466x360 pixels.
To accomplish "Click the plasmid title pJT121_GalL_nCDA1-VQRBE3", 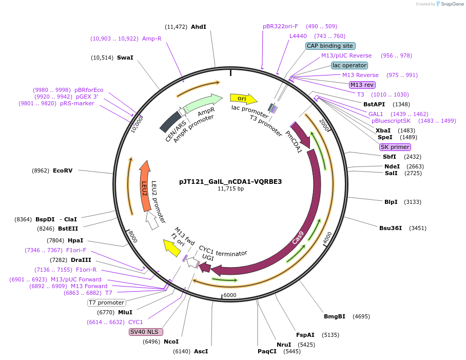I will coord(230,181).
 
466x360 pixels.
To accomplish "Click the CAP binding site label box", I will coord(329,46).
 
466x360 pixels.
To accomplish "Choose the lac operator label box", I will coord(349,65).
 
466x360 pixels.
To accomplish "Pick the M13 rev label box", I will coord(362,85).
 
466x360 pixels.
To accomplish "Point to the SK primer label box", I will coord(395,147).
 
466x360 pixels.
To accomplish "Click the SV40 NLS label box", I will coord(146,332).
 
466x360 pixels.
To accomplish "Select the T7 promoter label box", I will coord(106,302).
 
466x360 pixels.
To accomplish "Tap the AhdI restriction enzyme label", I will coord(198,27).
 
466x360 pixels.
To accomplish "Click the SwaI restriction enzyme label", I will coord(125,58).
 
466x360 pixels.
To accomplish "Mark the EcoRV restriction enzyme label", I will coord(63,170).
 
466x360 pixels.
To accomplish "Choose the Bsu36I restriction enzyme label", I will coord(391,228).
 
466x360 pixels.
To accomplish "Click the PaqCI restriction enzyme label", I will coord(267,351).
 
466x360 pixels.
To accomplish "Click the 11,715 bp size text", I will coord(230,189).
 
